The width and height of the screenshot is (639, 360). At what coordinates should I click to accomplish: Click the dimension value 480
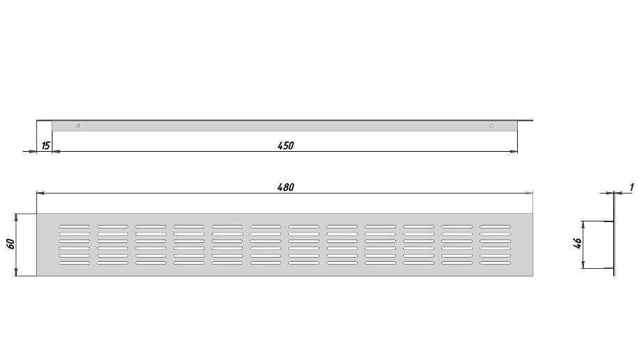click(x=285, y=187)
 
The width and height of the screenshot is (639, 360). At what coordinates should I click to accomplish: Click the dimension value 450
click(x=285, y=146)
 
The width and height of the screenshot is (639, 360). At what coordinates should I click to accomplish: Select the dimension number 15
click(x=46, y=146)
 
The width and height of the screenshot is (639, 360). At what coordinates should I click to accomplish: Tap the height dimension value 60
click(x=11, y=244)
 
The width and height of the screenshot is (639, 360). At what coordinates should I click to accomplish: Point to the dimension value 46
click(x=577, y=244)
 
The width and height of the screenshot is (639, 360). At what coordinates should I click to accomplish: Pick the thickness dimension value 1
click(x=631, y=187)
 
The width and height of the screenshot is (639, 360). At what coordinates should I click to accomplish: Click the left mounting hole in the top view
click(x=78, y=125)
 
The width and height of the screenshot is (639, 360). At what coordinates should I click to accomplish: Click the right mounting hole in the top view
click(x=491, y=125)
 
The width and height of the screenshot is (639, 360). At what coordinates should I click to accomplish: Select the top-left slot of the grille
click(x=74, y=226)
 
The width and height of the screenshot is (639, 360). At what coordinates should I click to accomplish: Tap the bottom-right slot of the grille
click(x=495, y=263)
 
